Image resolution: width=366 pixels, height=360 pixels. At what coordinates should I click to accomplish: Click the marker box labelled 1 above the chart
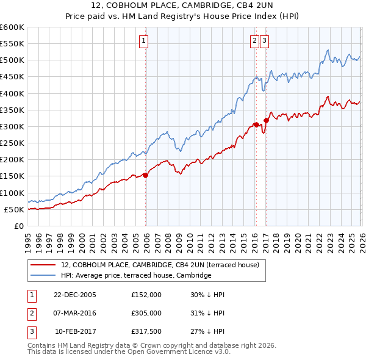(x=143, y=41)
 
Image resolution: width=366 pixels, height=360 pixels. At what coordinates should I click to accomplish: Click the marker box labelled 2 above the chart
(x=254, y=41)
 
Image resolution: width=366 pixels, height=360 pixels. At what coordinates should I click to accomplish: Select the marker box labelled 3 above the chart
(x=265, y=41)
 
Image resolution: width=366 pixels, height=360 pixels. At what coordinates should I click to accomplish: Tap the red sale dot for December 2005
(x=146, y=175)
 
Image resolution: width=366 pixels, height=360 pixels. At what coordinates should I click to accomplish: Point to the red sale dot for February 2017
(x=266, y=120)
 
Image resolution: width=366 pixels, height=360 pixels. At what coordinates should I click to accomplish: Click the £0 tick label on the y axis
(x=19, y=226)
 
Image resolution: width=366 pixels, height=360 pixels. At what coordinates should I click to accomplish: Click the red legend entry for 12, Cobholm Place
(x=160, y=265)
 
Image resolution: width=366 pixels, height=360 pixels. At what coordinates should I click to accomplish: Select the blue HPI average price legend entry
(x=135, y=275)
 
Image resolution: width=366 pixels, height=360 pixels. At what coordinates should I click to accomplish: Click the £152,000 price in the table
(x=146, y=295)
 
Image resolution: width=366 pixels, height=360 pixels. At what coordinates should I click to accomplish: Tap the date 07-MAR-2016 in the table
(x=74, y=312)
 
